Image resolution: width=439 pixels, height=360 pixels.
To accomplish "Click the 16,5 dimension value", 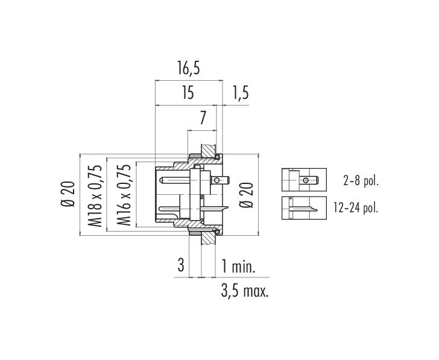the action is (188, 68).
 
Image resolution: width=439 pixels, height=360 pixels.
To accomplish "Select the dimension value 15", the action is (188, 93).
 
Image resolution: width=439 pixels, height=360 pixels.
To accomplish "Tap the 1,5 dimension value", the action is (240, 93).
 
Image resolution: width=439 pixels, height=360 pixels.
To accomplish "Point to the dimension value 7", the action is (203, 118).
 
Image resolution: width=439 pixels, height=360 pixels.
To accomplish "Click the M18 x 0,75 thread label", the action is (94, 196).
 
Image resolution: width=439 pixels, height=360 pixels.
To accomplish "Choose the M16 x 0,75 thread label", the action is (124, 195).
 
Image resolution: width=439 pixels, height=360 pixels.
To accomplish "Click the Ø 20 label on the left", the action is (68, 194).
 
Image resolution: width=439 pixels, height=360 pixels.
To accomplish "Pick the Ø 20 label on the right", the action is (247, 195).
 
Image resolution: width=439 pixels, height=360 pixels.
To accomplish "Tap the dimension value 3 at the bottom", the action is (181, 265).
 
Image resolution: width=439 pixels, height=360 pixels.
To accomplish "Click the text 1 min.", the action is (238, 266).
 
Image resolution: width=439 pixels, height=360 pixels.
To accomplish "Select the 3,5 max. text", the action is (245, 291).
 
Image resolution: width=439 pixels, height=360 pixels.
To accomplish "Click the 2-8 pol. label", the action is (361, 182).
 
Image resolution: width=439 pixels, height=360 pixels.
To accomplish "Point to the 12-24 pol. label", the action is (356, 207).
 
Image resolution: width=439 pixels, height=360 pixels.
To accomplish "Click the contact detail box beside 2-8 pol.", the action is (304, 180).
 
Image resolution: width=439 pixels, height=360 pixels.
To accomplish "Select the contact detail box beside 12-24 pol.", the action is (304, 208).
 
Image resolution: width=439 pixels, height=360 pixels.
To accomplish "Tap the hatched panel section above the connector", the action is (209, 151).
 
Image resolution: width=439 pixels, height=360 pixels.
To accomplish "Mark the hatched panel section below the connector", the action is (209, 239).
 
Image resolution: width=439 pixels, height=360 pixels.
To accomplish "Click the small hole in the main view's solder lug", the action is (216, 180).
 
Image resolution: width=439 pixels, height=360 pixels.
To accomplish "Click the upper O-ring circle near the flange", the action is (217, 157).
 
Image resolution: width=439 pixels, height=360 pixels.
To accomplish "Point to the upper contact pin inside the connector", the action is (175, 180).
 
